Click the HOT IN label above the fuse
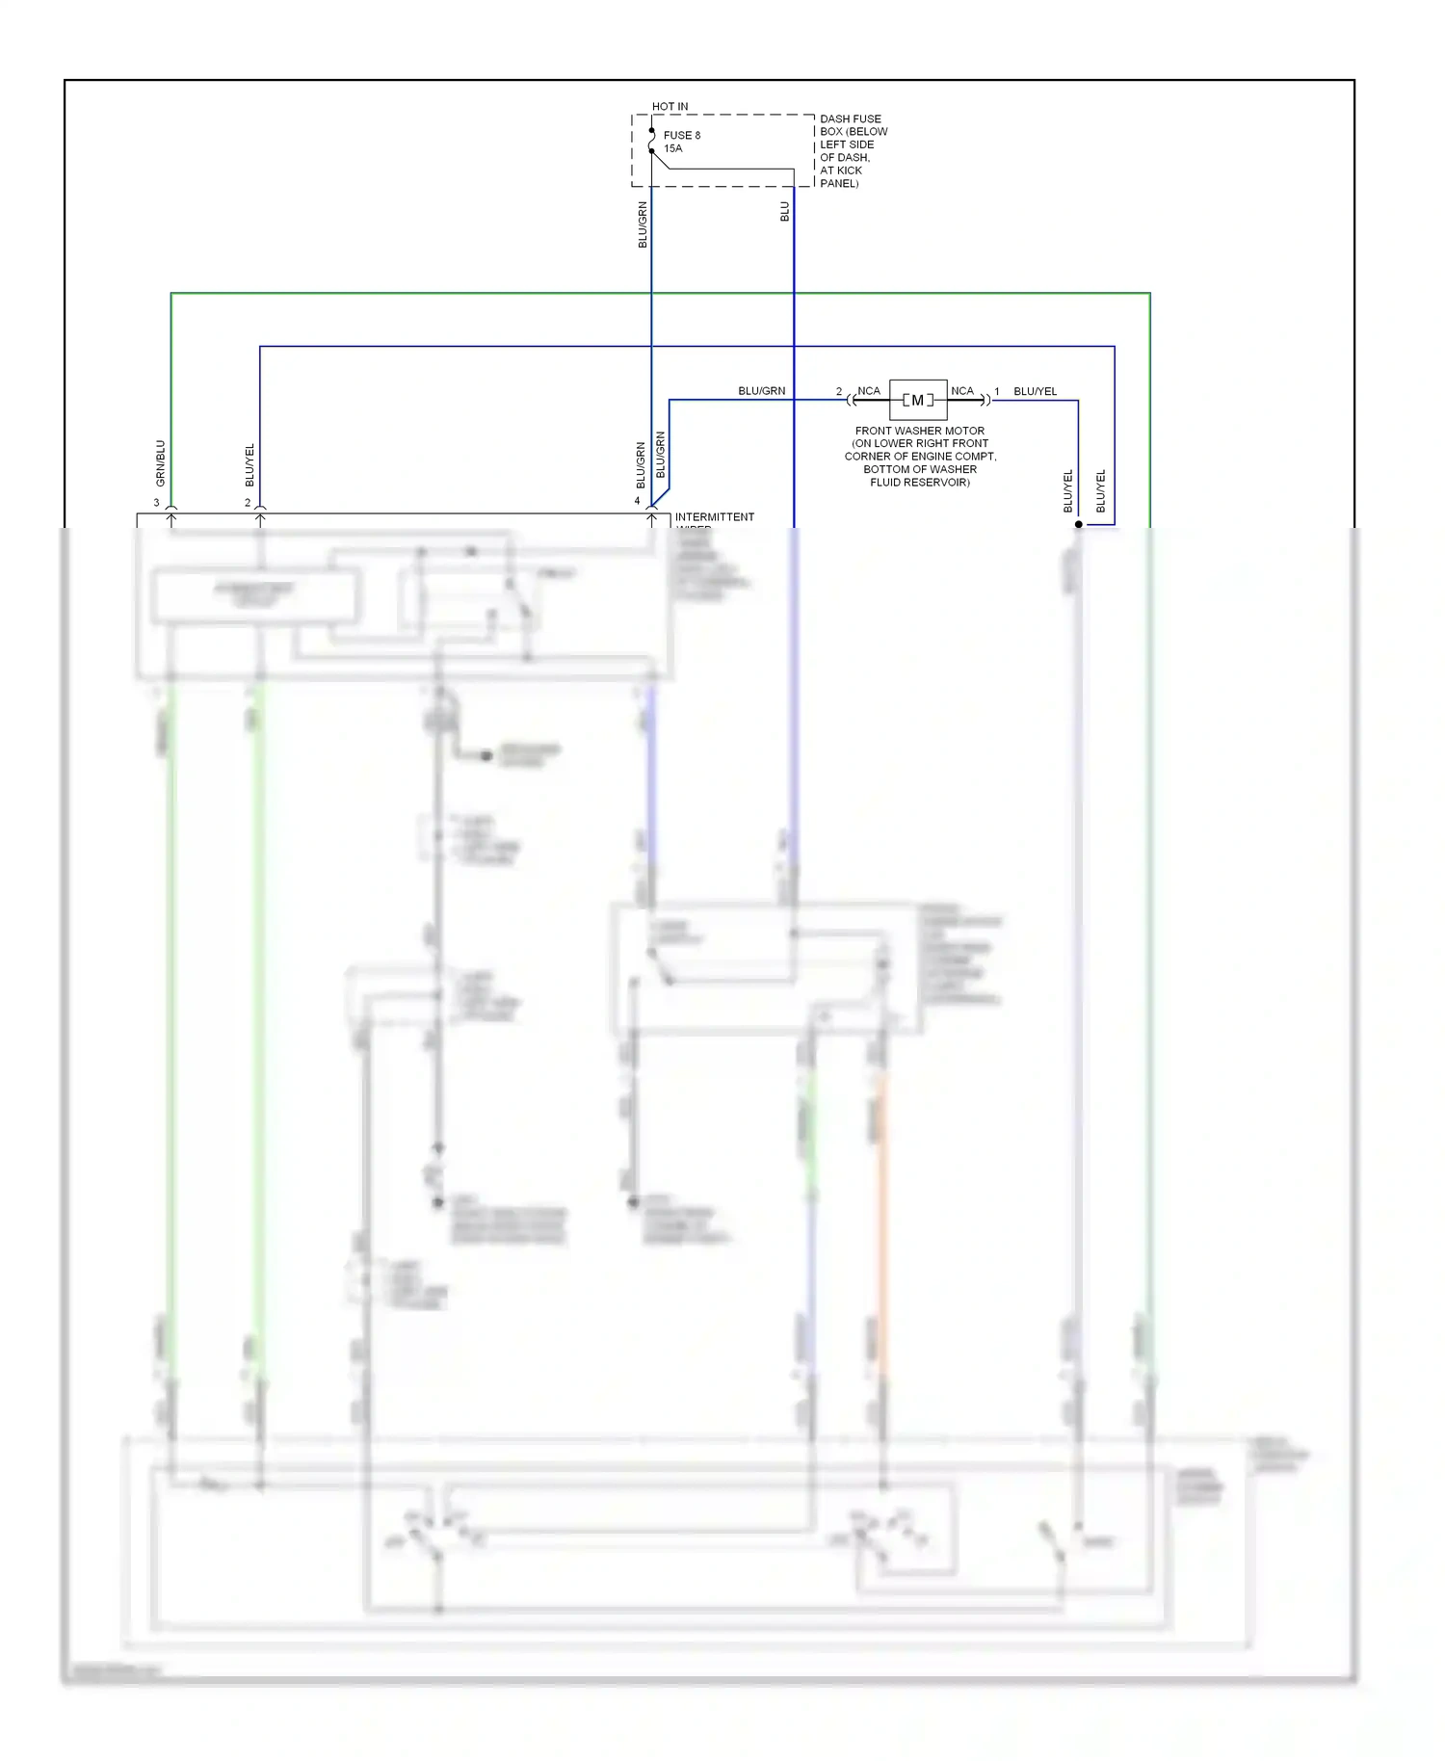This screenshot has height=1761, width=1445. coord(670,106)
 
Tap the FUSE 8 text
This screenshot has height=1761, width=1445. coord(682,135)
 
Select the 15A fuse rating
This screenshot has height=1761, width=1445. coord(672,148)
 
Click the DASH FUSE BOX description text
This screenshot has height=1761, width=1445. coord(853,150)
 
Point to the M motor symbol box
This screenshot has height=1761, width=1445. coord(917,400)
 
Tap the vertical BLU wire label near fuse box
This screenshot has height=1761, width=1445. coord(785,212)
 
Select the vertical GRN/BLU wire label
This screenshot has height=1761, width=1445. coord(161,463)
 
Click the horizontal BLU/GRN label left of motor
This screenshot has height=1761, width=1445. coord(761,391)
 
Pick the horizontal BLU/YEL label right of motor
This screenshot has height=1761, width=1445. coord(1035,391)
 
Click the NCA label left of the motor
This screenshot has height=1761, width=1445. coord(868,391)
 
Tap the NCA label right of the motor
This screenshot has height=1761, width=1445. coord(961,391)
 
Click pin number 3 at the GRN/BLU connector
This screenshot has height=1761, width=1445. coord(156,503)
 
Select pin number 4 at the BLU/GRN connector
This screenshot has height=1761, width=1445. coord(637,501)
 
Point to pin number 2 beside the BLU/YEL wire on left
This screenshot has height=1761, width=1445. coord(248,503)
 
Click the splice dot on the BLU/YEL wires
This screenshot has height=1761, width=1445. coord(1078,525)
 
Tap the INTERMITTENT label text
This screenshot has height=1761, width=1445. coord(714,517)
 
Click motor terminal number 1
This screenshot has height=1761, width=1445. coord(996,392)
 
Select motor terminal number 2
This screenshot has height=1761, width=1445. coord(838,392)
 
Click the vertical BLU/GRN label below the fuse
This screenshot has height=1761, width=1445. coord(643,224)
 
